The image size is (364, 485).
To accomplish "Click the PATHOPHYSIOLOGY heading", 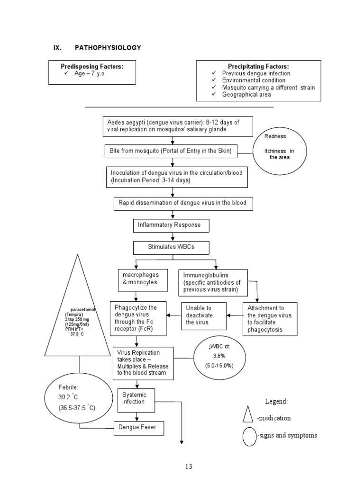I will (108, 48).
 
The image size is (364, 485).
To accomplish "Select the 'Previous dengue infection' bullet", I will (256, 73).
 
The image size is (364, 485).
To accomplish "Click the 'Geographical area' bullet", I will (246, 94).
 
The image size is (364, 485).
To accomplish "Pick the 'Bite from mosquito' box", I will (171, 151).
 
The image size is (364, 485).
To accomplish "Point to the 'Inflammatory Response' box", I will (169, 225).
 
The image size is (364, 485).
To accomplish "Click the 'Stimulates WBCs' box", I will (171, 247).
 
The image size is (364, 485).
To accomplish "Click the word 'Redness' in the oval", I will (275, 136).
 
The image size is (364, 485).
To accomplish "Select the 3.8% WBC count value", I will (218, 356).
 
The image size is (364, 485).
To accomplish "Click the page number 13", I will (189, 467).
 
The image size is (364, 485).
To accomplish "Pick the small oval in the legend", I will (249, 436).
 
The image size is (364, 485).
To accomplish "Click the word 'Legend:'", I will (276, 402).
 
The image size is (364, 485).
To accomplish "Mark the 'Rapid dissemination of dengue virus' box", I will (183, 204).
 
